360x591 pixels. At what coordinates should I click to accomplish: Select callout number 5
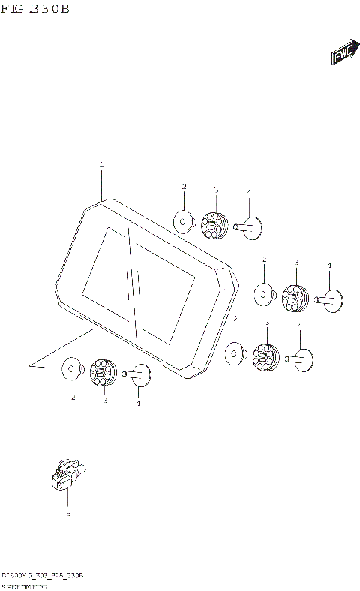67,514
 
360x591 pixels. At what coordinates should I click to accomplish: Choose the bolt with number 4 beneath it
138,375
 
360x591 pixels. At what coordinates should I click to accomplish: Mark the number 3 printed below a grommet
105,400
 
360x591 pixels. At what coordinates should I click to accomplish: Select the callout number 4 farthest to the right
328,265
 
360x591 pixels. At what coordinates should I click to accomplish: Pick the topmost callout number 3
216,190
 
